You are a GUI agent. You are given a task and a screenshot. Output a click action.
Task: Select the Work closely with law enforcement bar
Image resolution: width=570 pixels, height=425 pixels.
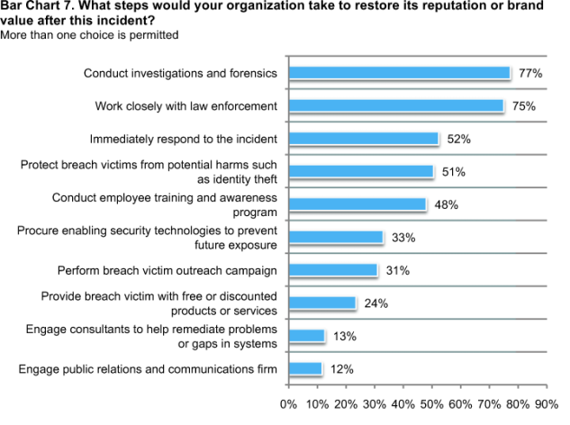point(396,106)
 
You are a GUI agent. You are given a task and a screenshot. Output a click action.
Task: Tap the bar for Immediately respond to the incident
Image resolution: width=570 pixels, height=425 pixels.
point(363,139)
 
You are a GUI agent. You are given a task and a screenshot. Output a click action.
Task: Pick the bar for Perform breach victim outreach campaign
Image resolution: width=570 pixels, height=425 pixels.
point(332,270)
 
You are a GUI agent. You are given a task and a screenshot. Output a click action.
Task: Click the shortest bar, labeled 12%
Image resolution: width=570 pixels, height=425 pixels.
point(305,368)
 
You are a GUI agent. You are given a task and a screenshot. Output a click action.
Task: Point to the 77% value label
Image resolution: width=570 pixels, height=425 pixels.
point(530,73)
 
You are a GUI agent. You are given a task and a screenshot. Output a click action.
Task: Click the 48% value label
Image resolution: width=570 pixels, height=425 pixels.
point(447,204)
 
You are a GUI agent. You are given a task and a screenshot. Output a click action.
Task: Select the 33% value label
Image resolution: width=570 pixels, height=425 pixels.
point(403,237)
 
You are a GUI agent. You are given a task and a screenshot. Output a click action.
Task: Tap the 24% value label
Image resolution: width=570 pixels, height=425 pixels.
point(376,303)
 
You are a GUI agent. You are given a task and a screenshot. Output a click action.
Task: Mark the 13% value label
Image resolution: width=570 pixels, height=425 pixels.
point(345,336)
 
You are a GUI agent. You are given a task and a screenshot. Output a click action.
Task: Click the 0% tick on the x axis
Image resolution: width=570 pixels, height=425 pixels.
point(288,404)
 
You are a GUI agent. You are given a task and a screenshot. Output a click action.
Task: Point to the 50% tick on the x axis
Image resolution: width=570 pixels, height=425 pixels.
point(431,404)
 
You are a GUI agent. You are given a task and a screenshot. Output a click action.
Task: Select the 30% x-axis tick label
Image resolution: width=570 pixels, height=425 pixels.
point(374,404)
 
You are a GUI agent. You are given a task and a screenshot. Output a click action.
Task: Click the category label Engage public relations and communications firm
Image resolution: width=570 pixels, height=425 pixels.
point(148,368)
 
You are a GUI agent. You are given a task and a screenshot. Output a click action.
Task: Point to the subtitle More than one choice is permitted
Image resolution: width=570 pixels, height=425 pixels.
point(89,35)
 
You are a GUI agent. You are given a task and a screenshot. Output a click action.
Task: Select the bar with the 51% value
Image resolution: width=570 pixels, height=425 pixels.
point(361,172)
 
